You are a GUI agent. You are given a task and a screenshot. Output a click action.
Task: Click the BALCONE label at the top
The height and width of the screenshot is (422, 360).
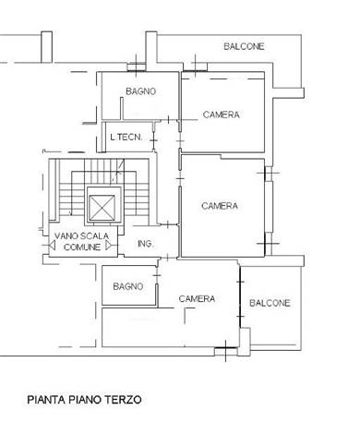coord(244,46)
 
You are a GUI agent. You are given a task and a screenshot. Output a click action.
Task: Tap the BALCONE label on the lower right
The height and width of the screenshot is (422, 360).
coord(270,303)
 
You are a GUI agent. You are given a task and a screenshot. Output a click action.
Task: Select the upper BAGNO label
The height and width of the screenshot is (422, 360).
coord(141,91)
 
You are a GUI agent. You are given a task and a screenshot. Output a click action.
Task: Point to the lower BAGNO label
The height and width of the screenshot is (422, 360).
coord(128,286)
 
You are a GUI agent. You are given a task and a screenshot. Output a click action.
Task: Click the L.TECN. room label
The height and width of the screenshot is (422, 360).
coord(126,137)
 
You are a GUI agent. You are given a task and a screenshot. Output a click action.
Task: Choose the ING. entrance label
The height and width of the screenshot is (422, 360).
coord(145,244)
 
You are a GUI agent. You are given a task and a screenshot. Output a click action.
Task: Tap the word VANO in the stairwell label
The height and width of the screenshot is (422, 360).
coord(66,236)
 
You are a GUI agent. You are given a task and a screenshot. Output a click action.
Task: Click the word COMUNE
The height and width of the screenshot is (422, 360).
coord(82,247)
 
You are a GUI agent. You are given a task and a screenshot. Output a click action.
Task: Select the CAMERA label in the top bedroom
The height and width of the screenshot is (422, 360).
coord(222,115)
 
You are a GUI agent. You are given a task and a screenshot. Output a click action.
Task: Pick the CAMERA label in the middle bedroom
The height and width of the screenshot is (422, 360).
coord(220,206)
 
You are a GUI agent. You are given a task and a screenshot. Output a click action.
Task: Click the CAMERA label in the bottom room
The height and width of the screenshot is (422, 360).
coord(197,298)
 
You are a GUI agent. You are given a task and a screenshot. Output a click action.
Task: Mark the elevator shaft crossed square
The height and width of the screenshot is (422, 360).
coord(102,205)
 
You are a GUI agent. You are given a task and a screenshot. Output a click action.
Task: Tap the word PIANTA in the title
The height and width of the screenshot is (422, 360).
coord(46,400)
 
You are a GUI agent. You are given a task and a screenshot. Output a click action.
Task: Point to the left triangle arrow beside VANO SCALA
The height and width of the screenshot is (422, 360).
coord(52,246)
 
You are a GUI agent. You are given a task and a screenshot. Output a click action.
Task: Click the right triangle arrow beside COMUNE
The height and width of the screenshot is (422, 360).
coord(109,246)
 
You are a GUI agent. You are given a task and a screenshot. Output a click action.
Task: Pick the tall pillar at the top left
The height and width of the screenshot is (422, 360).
coord(46,47)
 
